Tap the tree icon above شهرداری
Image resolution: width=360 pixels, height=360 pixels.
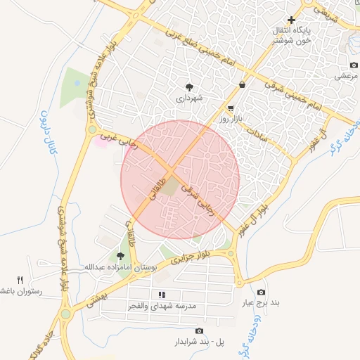pos(190,87)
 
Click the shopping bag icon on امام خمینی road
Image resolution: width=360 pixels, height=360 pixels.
pos(243,84)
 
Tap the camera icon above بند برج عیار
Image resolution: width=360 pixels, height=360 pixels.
pos(262,292)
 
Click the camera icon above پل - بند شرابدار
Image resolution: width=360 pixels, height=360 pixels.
pos(199,330)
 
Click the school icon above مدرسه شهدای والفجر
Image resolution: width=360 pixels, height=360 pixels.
pos(162,295)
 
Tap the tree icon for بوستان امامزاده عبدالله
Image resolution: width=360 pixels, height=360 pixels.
pos(120,256)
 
